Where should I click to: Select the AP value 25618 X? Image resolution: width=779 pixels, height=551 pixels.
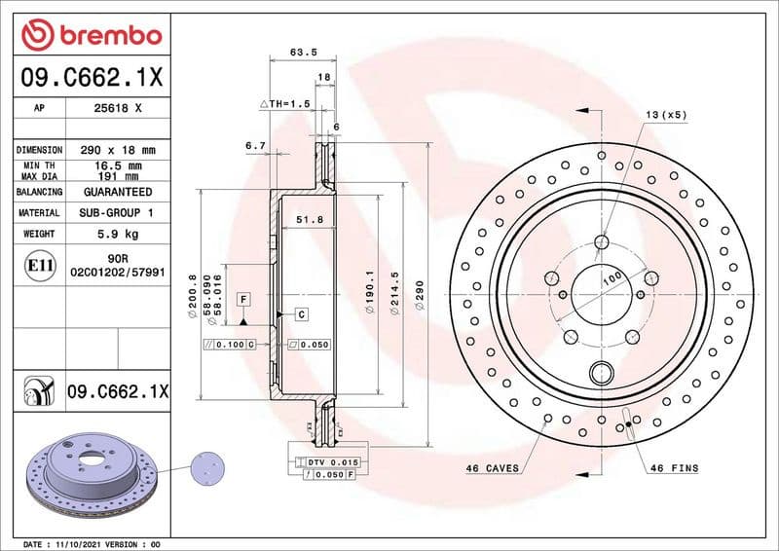click(x=118, y=109)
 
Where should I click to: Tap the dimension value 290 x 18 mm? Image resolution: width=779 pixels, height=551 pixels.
click(x=117, y=150)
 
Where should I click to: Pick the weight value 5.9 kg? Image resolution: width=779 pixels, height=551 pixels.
click(x=117, y=234)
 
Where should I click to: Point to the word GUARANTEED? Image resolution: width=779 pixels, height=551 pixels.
click(x=117, y=192)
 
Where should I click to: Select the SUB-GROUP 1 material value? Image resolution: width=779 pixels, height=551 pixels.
click(x=117, y=212)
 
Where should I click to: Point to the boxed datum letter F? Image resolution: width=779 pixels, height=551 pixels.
click(x=242, y=298)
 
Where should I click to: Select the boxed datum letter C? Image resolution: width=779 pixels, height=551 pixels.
click(x=302, y=313)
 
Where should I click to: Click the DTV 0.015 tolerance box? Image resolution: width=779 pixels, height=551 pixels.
click(x=333, y=461)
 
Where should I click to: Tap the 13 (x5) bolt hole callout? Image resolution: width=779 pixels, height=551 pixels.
click(x=666, y=115)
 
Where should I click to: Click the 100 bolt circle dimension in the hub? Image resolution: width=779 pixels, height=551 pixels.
click(x=612, y=279)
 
